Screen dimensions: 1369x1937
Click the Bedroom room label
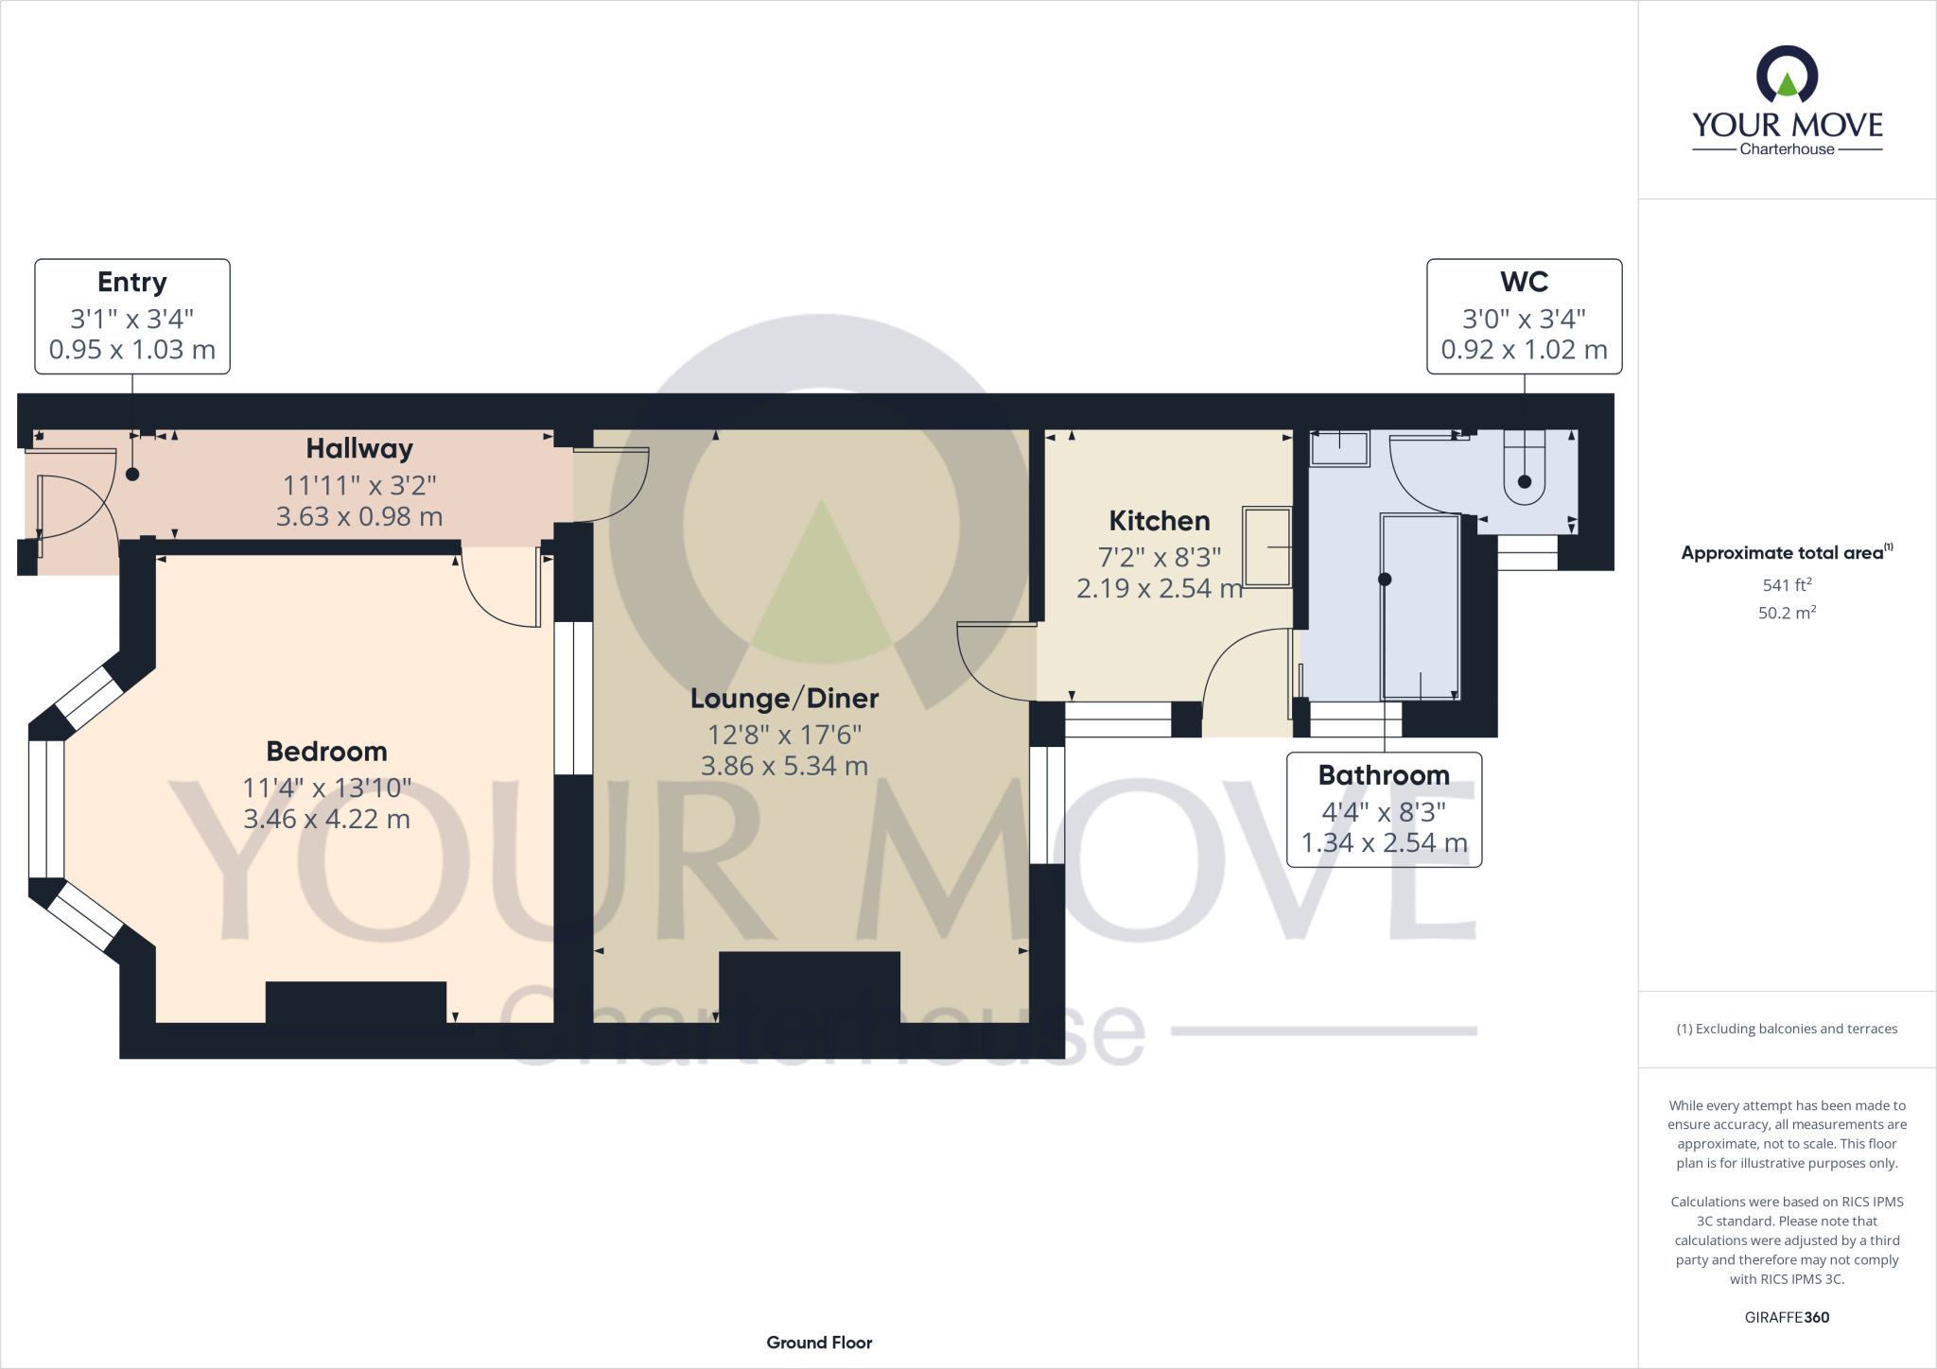tap(326, 752)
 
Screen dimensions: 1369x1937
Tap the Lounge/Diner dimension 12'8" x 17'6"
tap(784, 735)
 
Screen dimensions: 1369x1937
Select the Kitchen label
tap(1159, 521)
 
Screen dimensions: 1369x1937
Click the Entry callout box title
tap(132, 282)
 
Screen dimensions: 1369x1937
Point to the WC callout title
tap(1524, 282)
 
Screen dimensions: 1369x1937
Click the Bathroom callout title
tap(1384, 775)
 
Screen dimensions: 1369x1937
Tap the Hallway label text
tap(359, 448)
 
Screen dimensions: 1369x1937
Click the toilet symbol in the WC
tap(1524, 469)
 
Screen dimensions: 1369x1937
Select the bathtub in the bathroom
tap(1421, 605)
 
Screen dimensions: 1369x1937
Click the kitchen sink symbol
tap(1267, 547)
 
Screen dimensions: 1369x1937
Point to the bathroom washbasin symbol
tap(1339, 448)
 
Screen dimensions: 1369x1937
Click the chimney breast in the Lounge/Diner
tap(810, 987)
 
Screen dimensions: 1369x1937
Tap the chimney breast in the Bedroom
tap(356, 1002)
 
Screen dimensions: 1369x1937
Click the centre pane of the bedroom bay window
tap(46, 808)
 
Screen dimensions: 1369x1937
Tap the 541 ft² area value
tap(1787, 585)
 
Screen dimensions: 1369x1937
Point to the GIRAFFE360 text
tap(1787, 1317)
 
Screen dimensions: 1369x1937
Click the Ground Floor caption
tap(819, 1343)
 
